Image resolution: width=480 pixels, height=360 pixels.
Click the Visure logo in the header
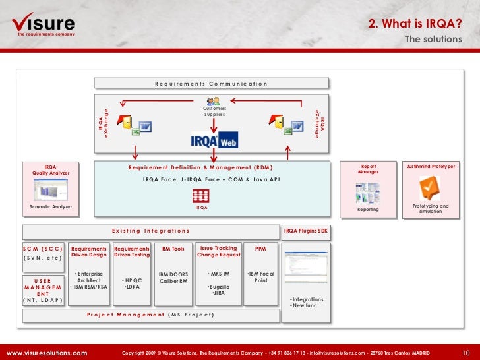(x=44, y=25)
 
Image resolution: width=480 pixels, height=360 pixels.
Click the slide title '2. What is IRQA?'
(x=415, y=24)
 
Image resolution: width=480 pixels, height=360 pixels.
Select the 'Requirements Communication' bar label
(x=211, y=84)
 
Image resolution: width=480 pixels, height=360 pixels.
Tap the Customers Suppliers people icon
(x=213, y=102)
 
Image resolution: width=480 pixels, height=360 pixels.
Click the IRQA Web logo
(x=214, y=140)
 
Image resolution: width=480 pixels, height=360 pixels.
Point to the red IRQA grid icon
(x=201, y=196)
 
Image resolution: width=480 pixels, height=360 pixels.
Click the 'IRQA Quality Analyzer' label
(x=51, y=170)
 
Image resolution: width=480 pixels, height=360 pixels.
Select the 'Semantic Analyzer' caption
(x=51, y=207)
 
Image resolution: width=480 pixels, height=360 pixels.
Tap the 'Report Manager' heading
(x=368, y=169)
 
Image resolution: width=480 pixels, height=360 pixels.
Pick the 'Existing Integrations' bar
(x=150, y=231)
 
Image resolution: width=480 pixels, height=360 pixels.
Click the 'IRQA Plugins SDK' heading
(x=305, y=231)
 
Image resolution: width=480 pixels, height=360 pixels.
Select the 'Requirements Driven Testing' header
(x=132, y=251)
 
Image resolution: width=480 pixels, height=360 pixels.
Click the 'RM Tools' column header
(x=173, y=249)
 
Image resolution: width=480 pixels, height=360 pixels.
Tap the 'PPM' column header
(x=260, y=249)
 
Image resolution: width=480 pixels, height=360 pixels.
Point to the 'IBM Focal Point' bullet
(x=261, y=277)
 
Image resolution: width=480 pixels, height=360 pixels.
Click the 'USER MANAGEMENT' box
(x=43, y=287)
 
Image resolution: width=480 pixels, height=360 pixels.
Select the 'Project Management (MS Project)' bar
(x=150, y=315)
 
